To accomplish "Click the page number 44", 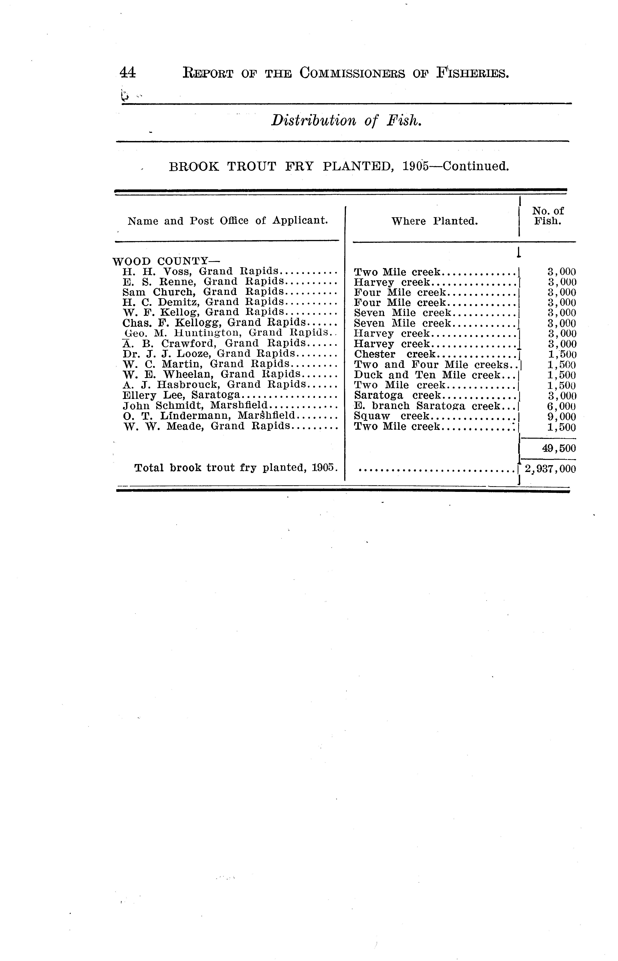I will (128, 73).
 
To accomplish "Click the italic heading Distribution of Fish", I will (346, 120).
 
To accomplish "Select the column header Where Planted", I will (434, 221).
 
